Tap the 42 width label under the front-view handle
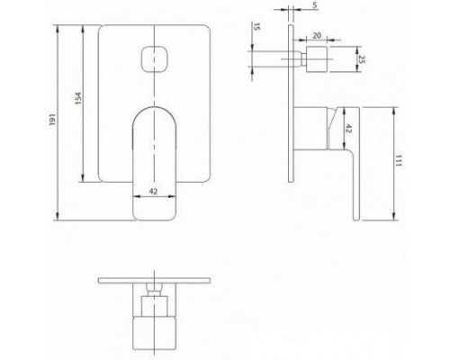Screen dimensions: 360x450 [155, 192]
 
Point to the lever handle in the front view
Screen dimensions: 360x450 [155, 157]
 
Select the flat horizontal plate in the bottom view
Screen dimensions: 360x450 [155, 280]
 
